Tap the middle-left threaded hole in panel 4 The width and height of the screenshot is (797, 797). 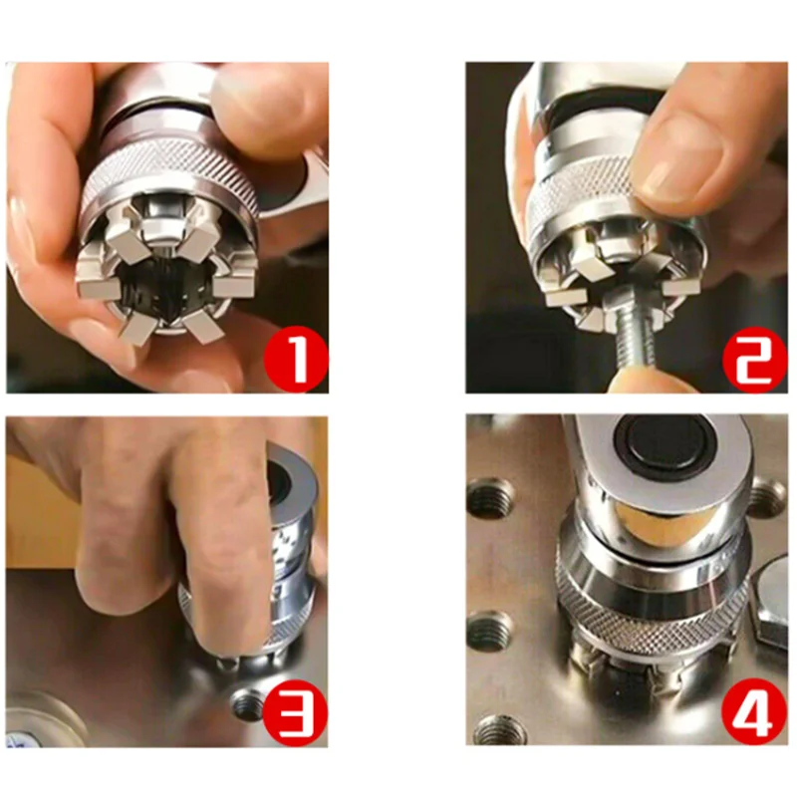coord(489,631)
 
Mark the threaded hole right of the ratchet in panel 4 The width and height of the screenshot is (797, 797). coord(765,497)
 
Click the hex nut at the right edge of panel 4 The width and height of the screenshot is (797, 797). coord(772,603)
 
